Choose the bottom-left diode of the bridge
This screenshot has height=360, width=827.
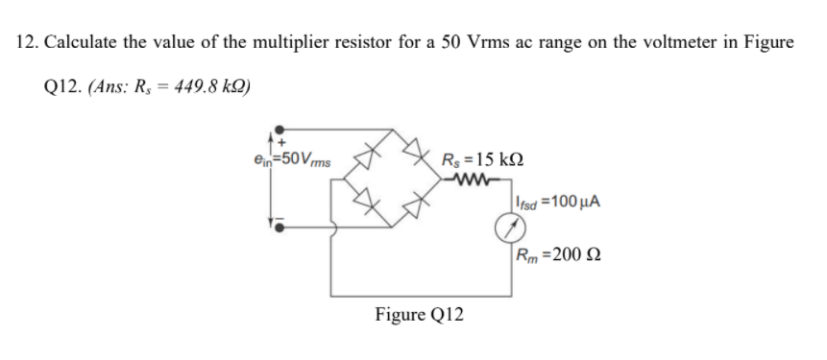click(x=364, y=201)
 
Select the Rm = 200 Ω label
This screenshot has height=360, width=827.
click(x=557, y=256)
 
